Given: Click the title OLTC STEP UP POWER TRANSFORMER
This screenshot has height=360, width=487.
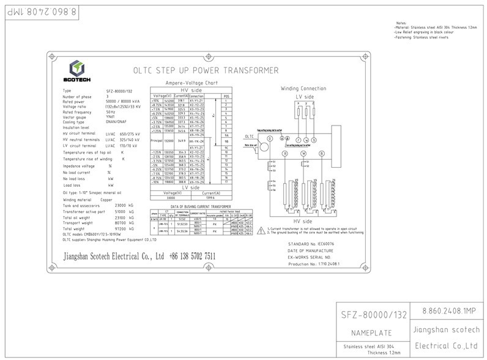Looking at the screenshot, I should click(205, 70).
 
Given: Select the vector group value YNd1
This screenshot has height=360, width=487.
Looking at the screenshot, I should click(111, 116).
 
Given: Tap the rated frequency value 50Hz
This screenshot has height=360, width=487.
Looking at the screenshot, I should click(110, 111).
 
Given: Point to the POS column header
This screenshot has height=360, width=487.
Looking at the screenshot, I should click(226, 96).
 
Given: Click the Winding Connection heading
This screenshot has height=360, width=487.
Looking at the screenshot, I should click(303, 88).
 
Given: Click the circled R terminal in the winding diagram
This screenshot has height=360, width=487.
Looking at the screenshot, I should click(285, 153).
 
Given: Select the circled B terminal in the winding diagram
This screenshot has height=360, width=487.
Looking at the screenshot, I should click(321, 153).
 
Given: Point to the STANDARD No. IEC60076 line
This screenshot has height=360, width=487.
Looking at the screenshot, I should click(312, 243).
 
